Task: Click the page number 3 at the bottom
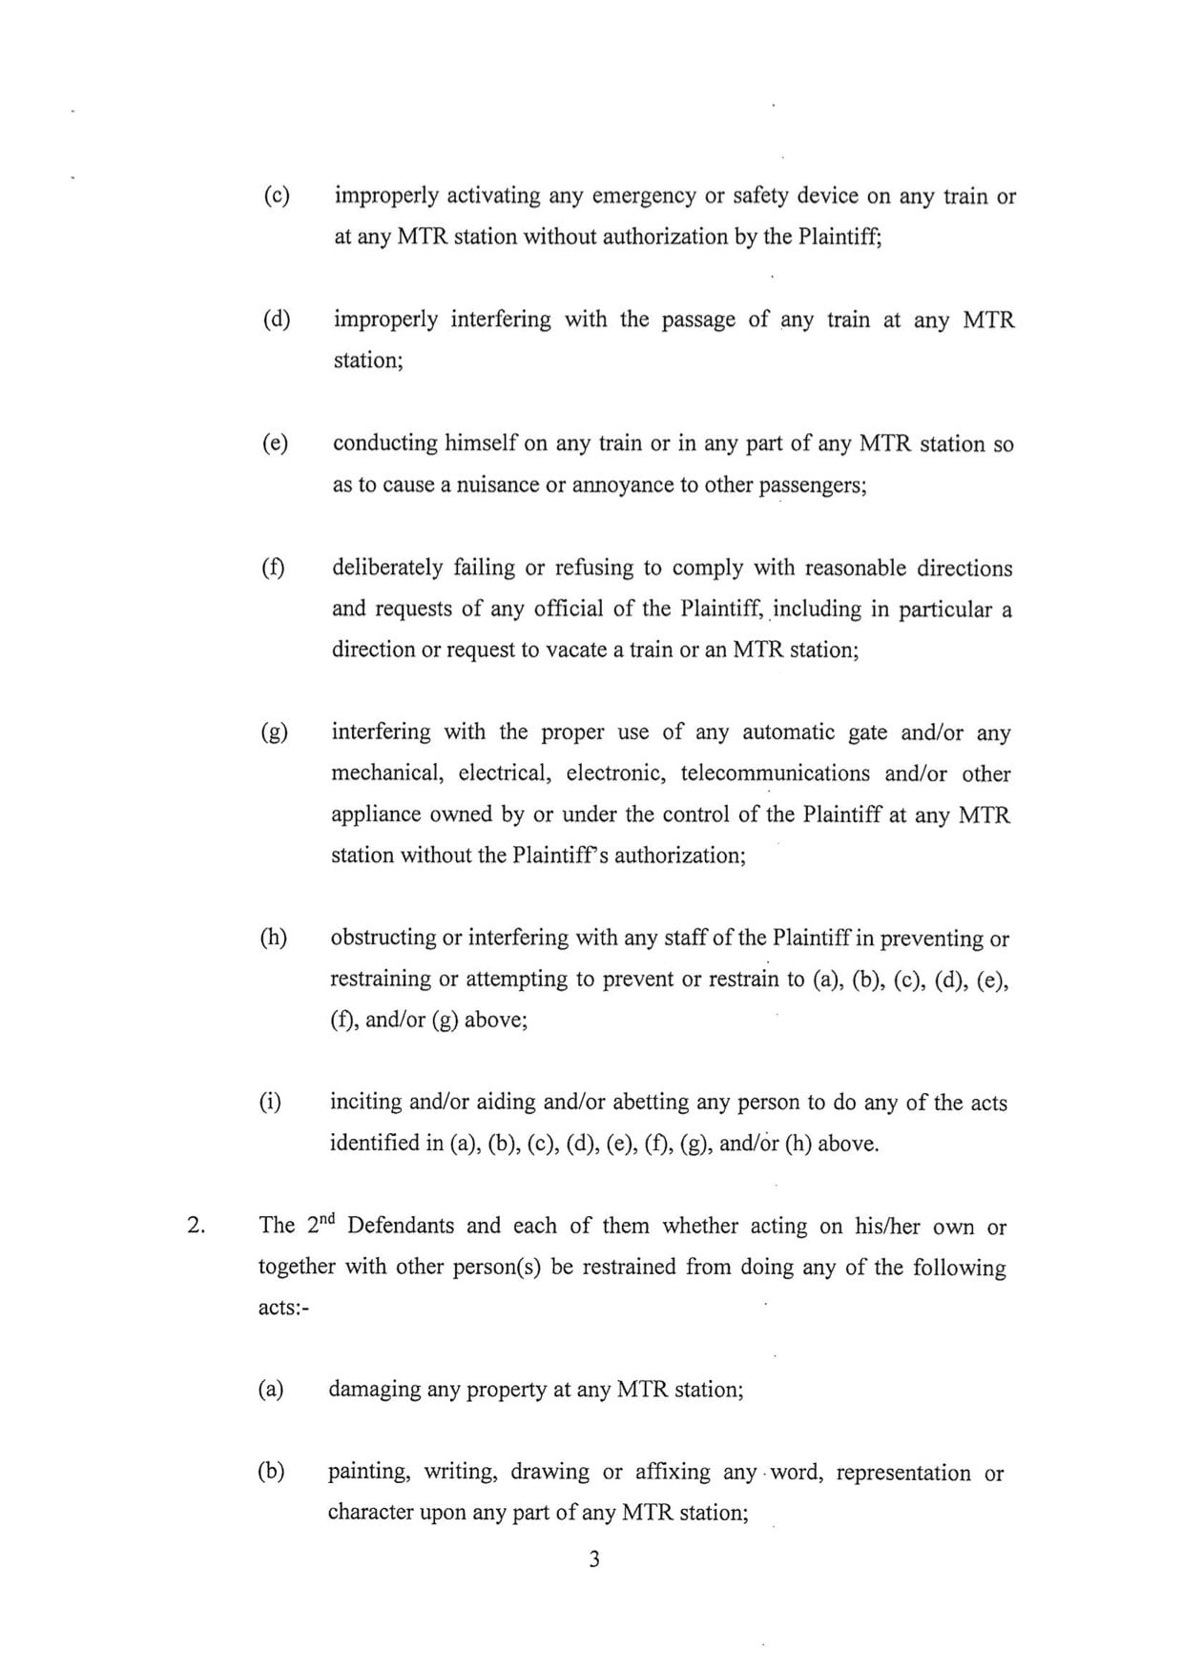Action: (x=593, y=1560)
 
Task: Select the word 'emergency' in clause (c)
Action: (x=644, y=196)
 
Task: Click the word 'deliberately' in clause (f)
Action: (x=385, y=568)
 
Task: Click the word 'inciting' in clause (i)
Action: (x=364, y=1103)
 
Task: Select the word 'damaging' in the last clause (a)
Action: (x=372, y=1390)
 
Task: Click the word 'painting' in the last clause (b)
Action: (x=369, y=1473)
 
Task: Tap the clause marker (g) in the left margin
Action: (x=274, y=733)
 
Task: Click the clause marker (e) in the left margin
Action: (x=275, y=444)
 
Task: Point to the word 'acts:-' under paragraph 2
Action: (x=279, y=1308)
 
